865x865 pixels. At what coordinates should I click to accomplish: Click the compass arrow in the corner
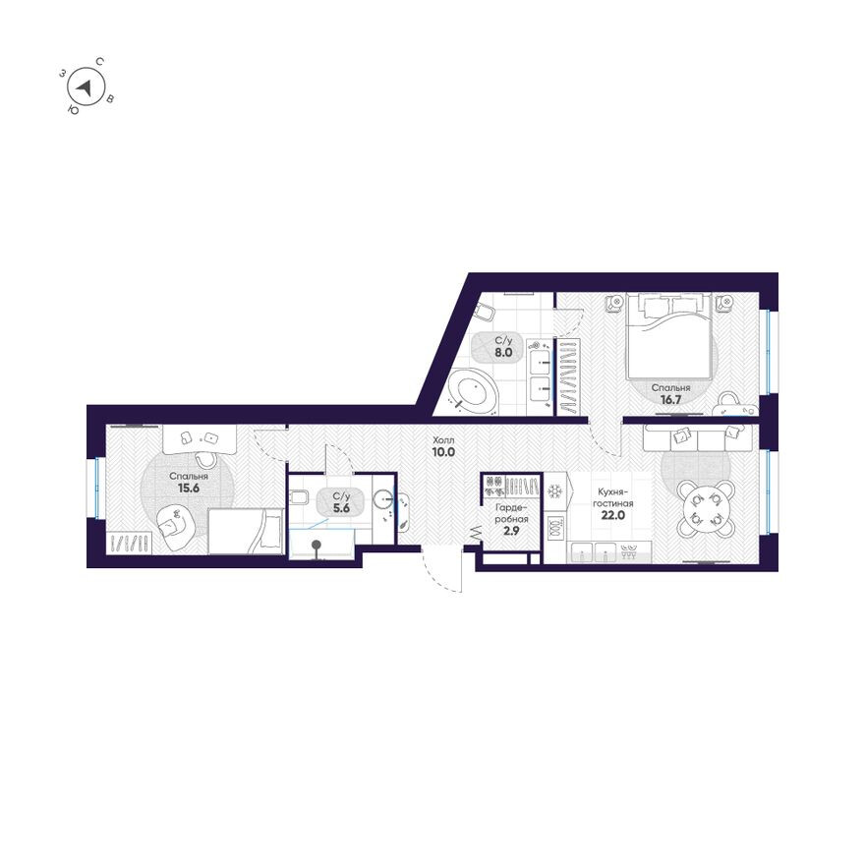[86, 88]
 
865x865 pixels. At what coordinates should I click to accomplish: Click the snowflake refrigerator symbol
[555, 490]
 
